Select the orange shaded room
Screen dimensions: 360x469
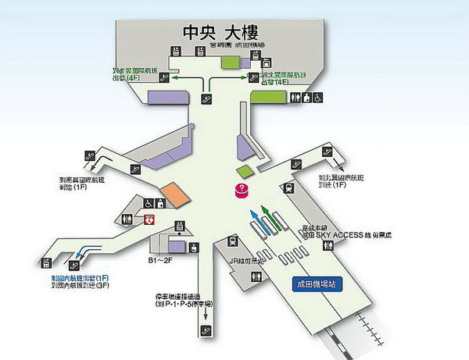(174, 194)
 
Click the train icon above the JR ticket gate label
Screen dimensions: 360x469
(232, 242)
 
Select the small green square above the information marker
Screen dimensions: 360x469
(245, 170)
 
